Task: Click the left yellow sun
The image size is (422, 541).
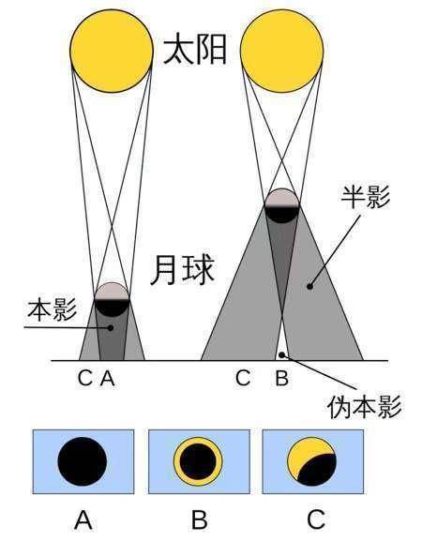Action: pos(112,51)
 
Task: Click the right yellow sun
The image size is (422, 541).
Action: pos(282,51)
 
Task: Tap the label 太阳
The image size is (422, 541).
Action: pos(195,50)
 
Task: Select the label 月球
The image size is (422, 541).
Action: pos(183,269)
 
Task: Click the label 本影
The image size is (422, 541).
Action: pos(53,309)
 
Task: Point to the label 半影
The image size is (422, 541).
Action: pos(366,197)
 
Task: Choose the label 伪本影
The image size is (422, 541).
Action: pos(365,407)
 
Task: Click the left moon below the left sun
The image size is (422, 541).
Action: pos(112,299)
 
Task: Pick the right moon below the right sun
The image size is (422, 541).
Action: pos(282,205)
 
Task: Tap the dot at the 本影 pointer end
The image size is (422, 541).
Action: pos(111,328)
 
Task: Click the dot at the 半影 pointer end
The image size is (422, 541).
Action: pos(309,286)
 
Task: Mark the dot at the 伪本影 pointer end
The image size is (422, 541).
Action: pos(282,354)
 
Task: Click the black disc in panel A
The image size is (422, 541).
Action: pos(83,461)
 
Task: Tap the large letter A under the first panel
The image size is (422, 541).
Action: pos(83,520)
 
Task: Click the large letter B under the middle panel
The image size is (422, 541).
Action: pos(199,520)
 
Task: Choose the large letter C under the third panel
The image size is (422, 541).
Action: pos(316,520)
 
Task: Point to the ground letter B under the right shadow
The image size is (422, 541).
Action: pos(281,378)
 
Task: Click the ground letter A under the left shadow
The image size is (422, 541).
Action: pos(107,378)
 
